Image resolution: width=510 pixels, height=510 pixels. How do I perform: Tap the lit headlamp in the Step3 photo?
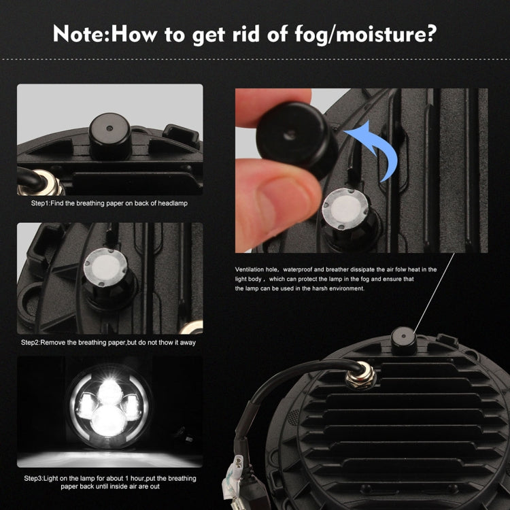click(109, 407)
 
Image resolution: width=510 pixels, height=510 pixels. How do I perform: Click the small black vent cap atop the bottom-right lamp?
click(404, 341)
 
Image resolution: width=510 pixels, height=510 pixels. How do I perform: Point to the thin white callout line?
click(435, 293)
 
